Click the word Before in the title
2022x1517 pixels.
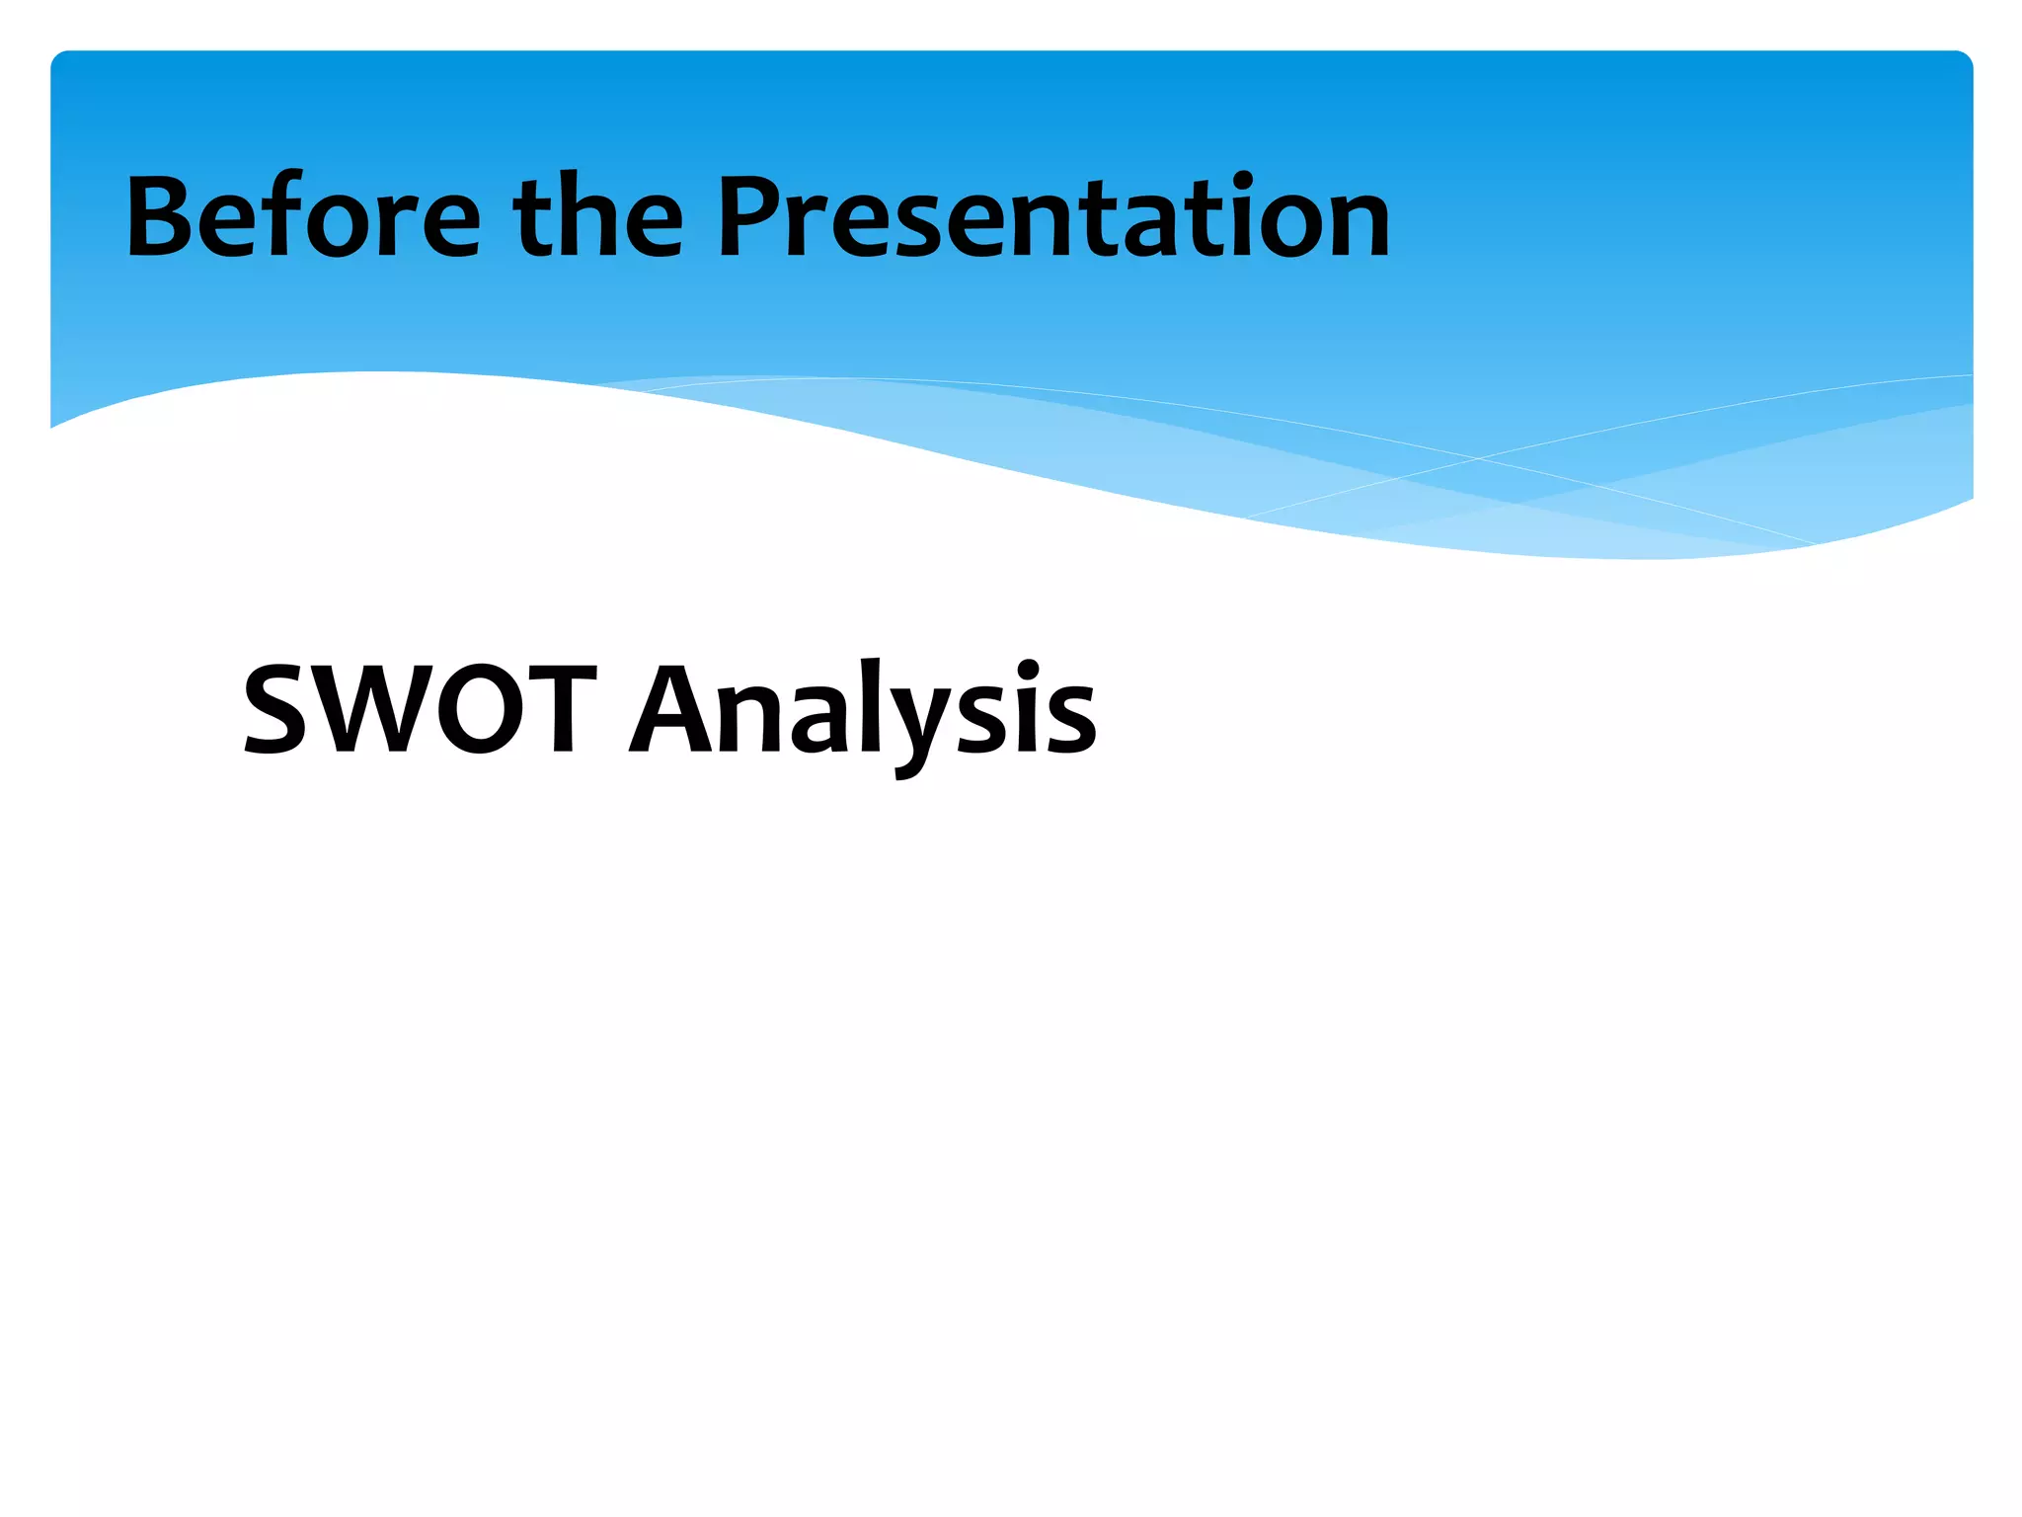click(x=302, y=217)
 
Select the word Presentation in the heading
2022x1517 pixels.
click(x=1052, y=217)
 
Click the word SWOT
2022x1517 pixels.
click(x=421, y=709)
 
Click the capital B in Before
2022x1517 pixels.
click(x=162, y=217)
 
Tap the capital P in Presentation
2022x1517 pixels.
click(x=754, y=217)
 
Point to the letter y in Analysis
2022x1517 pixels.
click(x=913, y=726)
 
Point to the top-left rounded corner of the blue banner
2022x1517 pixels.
click(x=59, y=59)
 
